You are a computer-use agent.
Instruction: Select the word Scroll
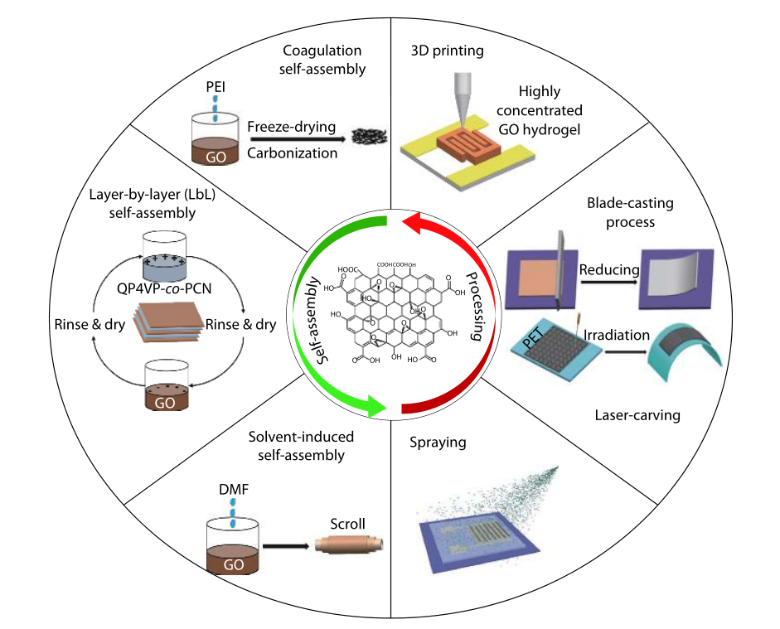[x=347, y=524]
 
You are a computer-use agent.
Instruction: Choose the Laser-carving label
[x=639, y=415]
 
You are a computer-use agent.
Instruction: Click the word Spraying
[x=438, y=443]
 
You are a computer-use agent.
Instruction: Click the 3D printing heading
[x=448, y=51]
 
